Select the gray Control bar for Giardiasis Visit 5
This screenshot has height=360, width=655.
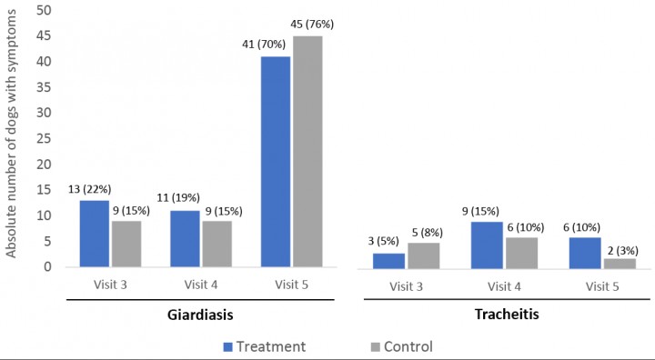(x=307, y=152)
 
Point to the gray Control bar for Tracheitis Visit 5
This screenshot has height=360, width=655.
(x=619, y=263)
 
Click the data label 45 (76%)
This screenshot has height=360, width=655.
(x=307, y=24)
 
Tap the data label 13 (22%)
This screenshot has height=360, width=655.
(x=90, y=187)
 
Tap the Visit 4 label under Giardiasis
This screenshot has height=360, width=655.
(x=200, y=284)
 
